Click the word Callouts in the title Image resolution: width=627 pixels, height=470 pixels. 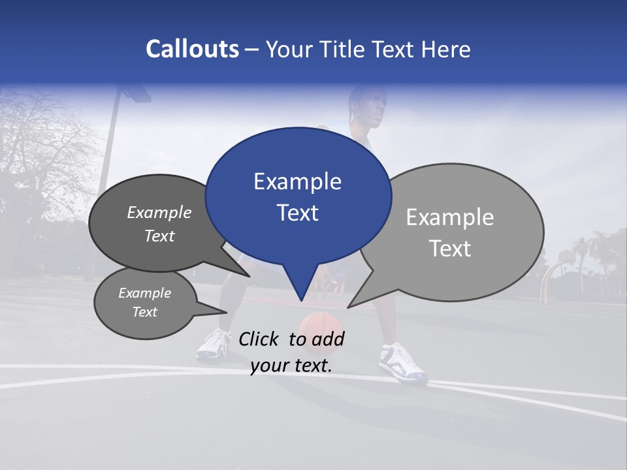pyautogui.click(x=192, y=49)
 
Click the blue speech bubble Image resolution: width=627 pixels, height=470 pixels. pyautogui.click(x=298, y=196)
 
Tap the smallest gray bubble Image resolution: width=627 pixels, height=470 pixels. pyautogui.click(x=145, y=303)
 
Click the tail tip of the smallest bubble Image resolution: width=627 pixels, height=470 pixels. pyautogui.click(x=225, y=313)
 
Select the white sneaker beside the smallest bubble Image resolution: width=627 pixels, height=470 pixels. pyautogui.click(x=214, y=344)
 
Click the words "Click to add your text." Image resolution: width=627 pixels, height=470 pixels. pyautogui.click(x=291, y=352)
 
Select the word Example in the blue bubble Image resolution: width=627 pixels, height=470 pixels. pyautogui.click(x=297, y=181)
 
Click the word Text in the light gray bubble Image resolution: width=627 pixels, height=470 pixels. pyautogui.click(x=451, y=249)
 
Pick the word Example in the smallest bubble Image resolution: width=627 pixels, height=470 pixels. pyautogui.click(x=145, y=293)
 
